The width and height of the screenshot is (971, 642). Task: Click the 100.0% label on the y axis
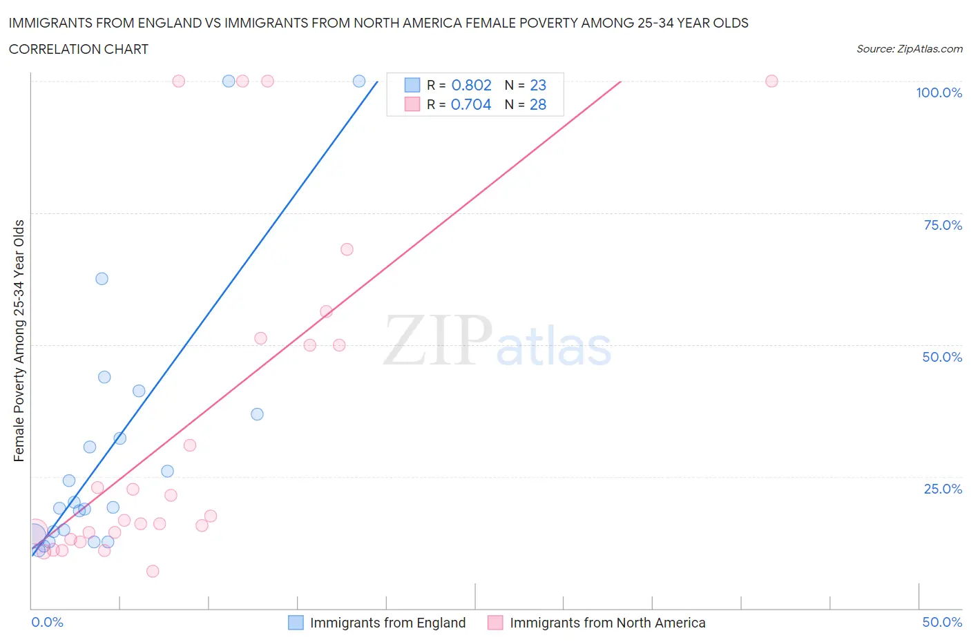pos(939,93)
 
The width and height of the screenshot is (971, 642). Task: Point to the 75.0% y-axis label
pos(943,226)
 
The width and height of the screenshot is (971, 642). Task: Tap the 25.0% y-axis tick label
pos(943,489)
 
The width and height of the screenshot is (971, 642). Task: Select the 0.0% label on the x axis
pos(47,623)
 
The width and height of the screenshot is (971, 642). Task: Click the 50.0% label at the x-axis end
pos(942,623)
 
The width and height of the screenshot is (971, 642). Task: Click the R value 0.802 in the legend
pos(471,86)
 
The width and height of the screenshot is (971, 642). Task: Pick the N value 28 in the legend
pos(538,105)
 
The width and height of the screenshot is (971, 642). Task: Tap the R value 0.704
pos(471,105)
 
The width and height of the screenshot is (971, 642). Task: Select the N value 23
pos(538,86)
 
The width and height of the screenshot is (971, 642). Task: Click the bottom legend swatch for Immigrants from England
pos(296,623)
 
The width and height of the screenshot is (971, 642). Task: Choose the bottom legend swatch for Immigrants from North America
pos(495,623)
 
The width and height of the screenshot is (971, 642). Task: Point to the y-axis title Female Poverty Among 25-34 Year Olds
pos(19,340)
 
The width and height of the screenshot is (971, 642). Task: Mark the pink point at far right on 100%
pos(771,81)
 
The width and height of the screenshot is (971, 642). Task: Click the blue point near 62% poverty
pos(102,279)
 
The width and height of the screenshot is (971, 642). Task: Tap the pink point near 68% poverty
pos(347,249)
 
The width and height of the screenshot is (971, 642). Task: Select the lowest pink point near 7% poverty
pos(153,571)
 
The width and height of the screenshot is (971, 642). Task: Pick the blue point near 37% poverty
pos(257,414)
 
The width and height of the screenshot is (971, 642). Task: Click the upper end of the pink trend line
pos(620,82)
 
